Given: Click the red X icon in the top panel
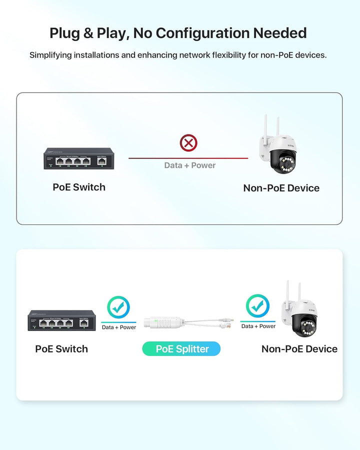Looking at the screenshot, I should [x=188, y=143].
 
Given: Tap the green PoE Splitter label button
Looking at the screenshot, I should [x=182, y=349].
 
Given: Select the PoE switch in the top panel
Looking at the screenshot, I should [x=78, y=158].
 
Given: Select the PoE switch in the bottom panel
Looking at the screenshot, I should [x=61, y=320].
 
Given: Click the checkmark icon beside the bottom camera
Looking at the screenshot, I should [x=257, y=306].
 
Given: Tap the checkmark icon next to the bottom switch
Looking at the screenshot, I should [x=118, y=307].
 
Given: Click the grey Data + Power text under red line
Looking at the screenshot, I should [x=190, y=165].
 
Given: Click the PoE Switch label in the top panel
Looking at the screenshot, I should [x=79, y=187].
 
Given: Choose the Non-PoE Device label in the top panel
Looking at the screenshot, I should [x=281, y=188].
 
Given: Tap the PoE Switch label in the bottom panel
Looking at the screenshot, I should [x=61, y=349].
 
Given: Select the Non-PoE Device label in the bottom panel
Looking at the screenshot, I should [x=299, y=349].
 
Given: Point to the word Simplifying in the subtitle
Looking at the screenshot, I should [x=50, y=55].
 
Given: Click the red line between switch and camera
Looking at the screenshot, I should [x=150, y=158].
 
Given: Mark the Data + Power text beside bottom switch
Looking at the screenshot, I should [x=119, y=327].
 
